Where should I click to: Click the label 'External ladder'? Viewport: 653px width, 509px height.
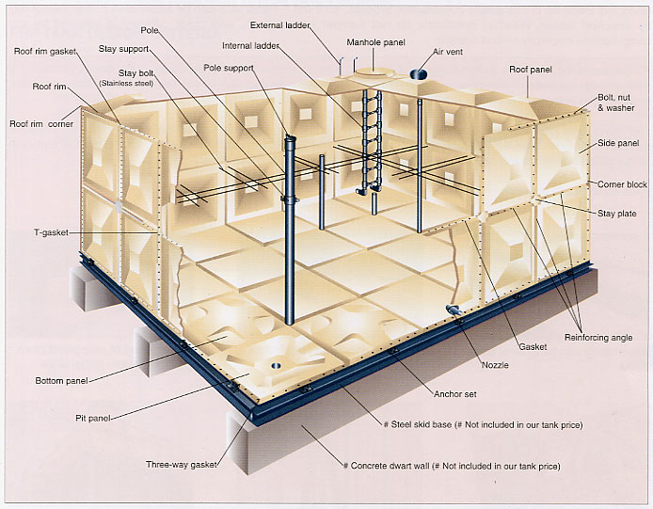point(279,25)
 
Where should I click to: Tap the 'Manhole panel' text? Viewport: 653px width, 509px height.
point(375,42)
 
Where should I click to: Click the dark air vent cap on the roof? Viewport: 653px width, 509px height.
point(419,74)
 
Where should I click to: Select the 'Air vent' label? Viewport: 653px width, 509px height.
point(448,52)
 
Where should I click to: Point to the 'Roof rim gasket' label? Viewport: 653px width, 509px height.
point(45,51)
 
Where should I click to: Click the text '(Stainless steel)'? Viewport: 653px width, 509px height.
point(126,84)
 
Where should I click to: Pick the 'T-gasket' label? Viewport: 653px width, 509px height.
point(51,232)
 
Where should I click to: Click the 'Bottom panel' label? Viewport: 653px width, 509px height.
point(61,381)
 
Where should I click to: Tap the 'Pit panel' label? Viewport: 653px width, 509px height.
point(93,418)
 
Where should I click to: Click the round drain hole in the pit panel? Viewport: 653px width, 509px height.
point(276,366)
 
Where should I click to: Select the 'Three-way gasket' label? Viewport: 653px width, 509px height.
point(182,465)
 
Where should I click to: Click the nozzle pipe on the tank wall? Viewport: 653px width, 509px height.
point(453,310)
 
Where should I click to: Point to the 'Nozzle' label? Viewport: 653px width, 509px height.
point(495,365)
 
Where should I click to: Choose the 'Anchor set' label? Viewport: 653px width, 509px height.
point(455,394)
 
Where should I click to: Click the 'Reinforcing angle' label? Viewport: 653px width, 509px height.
point(598,338)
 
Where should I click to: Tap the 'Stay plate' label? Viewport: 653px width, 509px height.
point(616,214)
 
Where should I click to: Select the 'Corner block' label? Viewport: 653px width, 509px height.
point(622,184)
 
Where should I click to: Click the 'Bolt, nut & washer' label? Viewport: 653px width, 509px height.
point(616,103)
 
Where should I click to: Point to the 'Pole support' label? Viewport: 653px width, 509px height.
point(229,68)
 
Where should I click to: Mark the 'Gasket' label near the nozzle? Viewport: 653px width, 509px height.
point(533,346)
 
